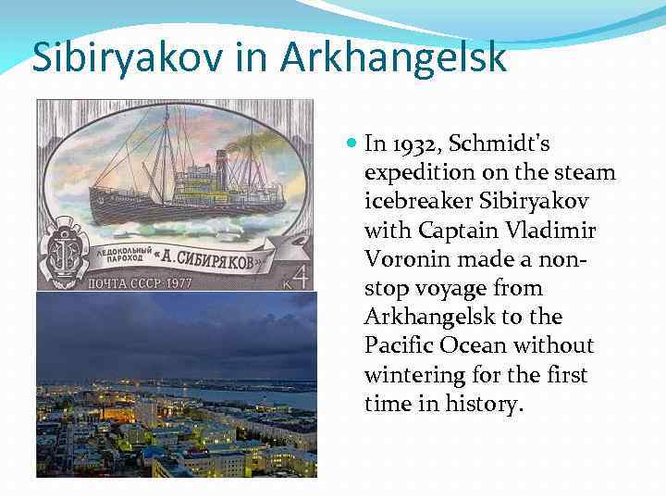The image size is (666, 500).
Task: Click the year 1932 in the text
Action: (413, 144)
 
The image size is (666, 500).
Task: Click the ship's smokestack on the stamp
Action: (222, 160)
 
